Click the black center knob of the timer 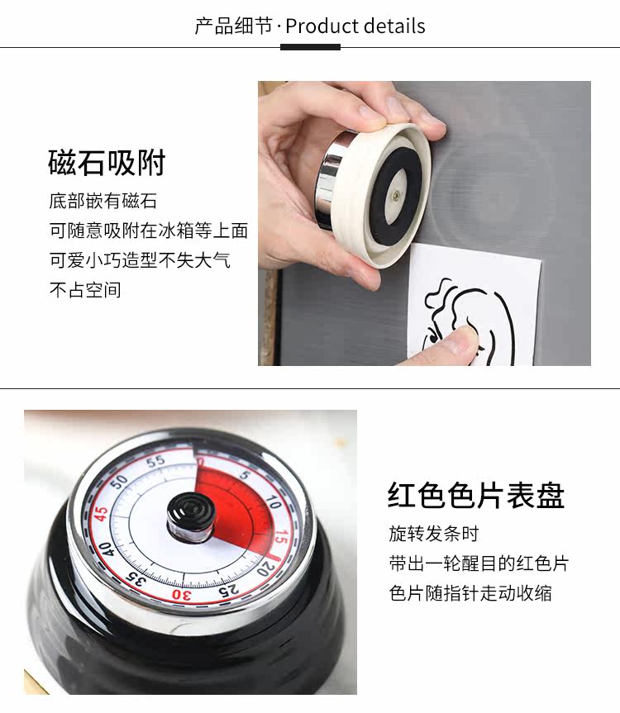(x=189, y=517)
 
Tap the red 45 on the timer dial (x=102, y=514)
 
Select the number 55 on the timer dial (x=155, y=462)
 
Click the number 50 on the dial (x=120, y=482)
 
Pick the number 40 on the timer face (x=106, y=549)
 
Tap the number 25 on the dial (x=228, y=590)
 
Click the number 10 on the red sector (x=274, y=502)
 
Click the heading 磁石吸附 (x=107, y=163)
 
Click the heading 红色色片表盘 (x=476, y=495)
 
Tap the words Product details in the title (x=355, y=26)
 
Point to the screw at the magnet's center (x=397, y=196)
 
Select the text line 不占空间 (x=85, y=290)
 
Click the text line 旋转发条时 (x=433, y=534)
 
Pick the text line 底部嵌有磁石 (x=103, y=201)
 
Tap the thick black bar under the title (x=310, y=47)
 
